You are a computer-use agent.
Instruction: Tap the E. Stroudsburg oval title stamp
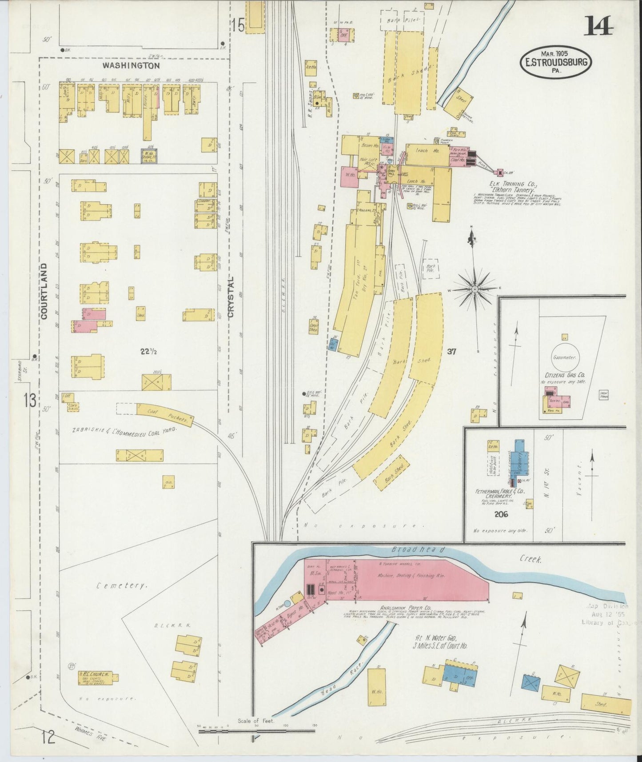pos(555,62)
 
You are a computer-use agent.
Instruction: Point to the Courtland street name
pos(44,291)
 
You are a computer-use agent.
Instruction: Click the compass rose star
pos(475,289)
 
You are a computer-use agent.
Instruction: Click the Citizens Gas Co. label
pos(565,375)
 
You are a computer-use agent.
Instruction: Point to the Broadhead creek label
pos(418,550)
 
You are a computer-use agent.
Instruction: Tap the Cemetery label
pos(121,586)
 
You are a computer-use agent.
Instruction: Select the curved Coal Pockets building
pos(164,415)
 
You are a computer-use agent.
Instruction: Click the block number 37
pos(452,352)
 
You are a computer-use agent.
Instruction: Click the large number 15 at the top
pos(238,26)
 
